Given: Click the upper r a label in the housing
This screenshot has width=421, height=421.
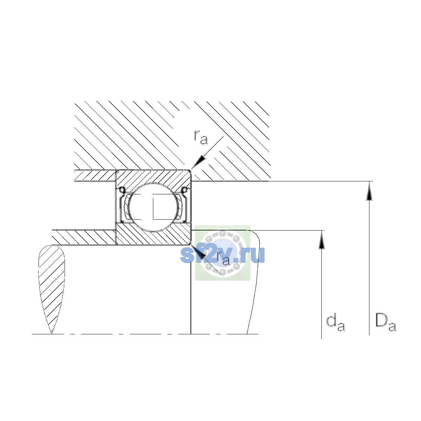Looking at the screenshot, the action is coord(201,138).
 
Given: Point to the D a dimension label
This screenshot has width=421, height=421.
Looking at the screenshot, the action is coord(386,322).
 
